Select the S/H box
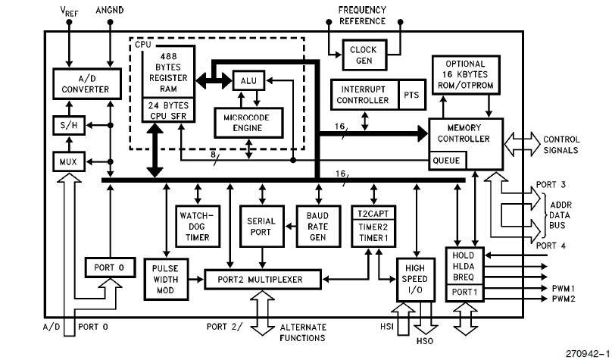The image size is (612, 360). pyautogui.click(x=65, y=124)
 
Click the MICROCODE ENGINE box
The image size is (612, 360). pyautogui.click(x=248, y=121)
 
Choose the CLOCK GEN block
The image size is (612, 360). pyautogui.click(x=365, y=55)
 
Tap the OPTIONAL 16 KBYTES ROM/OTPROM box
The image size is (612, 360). pyautogui.click(x=465, y=78)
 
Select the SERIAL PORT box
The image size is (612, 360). pyautogui.click(x=261, y=225)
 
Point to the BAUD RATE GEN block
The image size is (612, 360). pyautogui.click(x=317, y=225)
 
